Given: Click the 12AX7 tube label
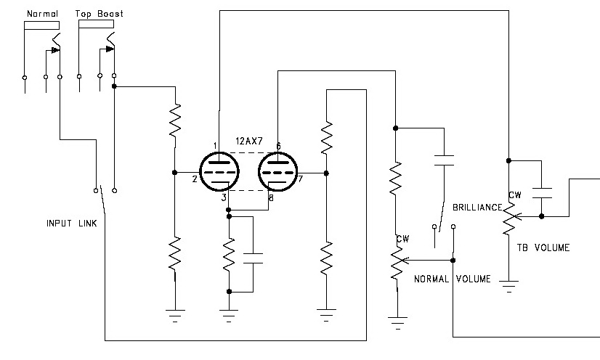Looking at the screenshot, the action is (x=249, y=141).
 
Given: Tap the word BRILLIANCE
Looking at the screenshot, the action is (x=477, y=208).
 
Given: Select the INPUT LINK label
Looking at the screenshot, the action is (x=72, y=223).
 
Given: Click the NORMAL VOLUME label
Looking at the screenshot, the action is (x=453, y=279).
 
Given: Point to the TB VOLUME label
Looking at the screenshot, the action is (x=543, y=247).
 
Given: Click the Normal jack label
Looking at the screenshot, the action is (x=42, y=14).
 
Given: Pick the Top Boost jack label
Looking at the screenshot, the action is (x=100, y=14).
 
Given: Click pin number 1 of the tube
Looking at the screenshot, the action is (x=215, y=146).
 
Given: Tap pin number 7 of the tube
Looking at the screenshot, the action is (x=301, y=179).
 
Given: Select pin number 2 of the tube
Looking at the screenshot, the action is (x=195, y=179).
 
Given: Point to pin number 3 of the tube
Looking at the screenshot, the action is (x=224, y=197).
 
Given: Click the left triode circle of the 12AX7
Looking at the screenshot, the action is (x=219, y=171).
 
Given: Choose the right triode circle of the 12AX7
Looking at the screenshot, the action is (x=277, y=171).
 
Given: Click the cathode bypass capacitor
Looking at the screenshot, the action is (x=253, y=258).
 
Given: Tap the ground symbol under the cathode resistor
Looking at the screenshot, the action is (x=229, y=316).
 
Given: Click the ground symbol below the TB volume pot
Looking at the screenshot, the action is (x=509, y=287).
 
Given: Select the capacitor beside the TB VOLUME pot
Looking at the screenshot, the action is (x=541, y=193).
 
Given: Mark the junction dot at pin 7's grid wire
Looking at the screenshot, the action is (x=326, y=173).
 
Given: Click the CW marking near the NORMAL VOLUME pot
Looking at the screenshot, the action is (x=403, y=240).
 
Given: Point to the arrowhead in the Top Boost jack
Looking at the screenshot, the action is (x=110, y=49).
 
